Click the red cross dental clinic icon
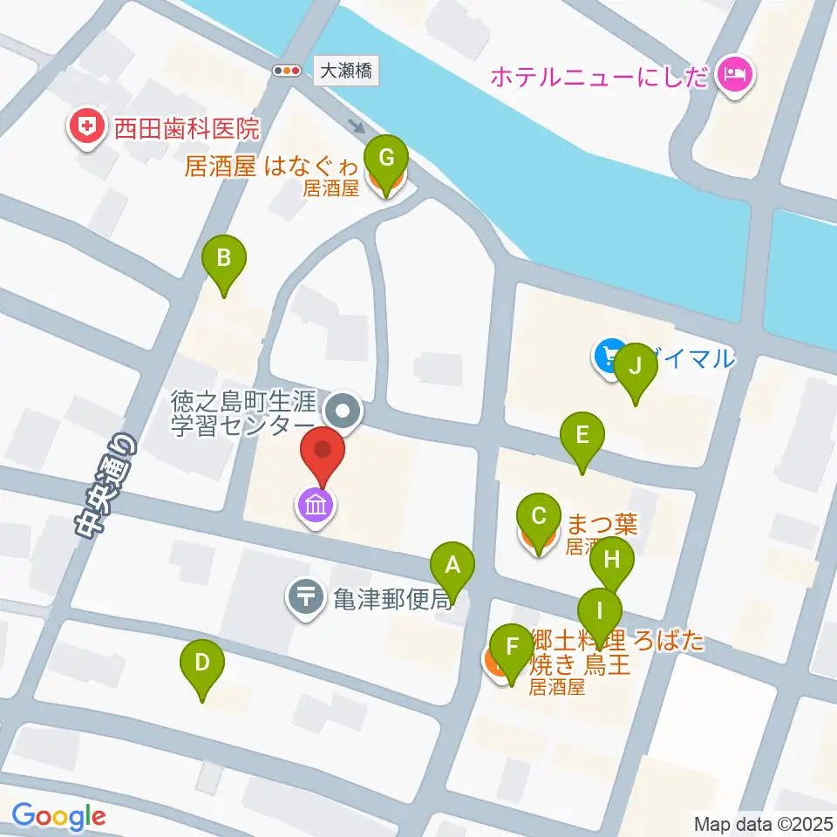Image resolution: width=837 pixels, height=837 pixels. click(85, 130)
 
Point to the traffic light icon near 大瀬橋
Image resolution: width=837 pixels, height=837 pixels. click(286, 71)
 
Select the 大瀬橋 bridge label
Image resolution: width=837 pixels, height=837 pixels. click(346, 71)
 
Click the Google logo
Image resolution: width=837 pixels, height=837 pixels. click(59, 817)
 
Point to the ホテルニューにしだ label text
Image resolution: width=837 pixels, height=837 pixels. click(600, 77)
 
